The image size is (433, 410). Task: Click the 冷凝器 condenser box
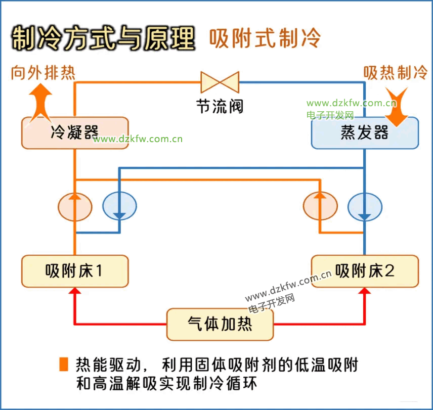click(74, 132)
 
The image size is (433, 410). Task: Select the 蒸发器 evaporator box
click(364, 132)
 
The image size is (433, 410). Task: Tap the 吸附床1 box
click(74, 271)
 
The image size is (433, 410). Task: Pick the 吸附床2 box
click(364, 271)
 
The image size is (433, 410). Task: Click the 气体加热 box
click(220, 324)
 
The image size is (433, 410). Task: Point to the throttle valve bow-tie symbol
click(220, 82)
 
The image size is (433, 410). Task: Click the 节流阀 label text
click(220, 106)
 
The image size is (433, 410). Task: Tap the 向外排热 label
click(43, 73)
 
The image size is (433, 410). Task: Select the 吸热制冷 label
click(395, 73)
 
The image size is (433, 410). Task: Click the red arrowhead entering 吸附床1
click(75, 291)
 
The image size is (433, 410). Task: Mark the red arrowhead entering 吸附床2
click(365, 291)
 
